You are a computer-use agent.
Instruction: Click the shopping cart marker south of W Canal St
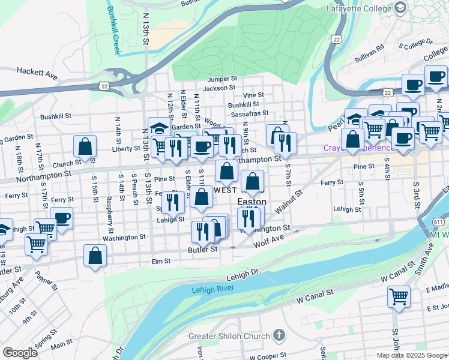399,297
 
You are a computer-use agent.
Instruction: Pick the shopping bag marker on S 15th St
85,146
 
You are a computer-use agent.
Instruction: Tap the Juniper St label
223,79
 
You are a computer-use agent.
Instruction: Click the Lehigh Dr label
243,276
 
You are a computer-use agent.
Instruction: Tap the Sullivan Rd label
369,49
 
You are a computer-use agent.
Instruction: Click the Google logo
20,352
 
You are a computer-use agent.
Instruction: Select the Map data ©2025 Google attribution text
411,355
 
